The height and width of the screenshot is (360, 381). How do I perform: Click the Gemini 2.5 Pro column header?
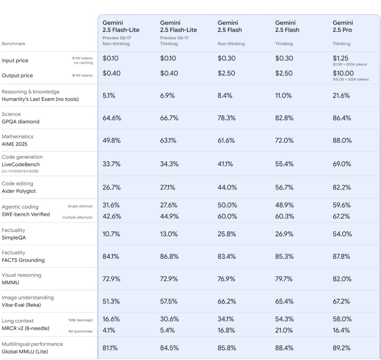[343, 26]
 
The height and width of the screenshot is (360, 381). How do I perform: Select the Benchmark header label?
[13, 44]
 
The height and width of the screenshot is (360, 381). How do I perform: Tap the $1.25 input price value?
[341, 58]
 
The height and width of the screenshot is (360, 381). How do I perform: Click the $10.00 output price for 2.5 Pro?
[343, 73]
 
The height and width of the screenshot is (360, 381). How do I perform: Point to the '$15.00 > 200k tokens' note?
[350, 79]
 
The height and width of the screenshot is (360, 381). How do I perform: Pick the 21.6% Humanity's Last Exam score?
[341, 96]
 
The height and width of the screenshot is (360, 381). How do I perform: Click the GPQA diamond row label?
[20, 122]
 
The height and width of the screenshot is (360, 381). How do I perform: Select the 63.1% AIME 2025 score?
[168, 141]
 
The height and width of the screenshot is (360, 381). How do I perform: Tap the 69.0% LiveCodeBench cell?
[342, 164]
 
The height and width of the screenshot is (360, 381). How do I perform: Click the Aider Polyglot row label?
[19, 191]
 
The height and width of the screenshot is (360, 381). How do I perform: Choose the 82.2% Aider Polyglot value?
[342, 188]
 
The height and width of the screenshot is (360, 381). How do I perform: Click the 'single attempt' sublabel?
[80, 206]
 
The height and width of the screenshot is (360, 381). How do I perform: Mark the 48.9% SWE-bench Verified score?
[284, 205]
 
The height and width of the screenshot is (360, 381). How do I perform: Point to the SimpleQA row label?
[13, 238]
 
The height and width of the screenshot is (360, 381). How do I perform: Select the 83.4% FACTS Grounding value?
[227, 257]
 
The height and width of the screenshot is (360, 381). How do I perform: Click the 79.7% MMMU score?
[284, 279]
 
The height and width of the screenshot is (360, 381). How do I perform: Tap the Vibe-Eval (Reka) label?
[21, 305]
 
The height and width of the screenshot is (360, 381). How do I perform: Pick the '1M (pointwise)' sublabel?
[81, 331]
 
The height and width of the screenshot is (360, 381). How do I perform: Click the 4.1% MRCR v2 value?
[109, 330]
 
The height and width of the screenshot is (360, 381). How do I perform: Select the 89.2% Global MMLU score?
[342, 348]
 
